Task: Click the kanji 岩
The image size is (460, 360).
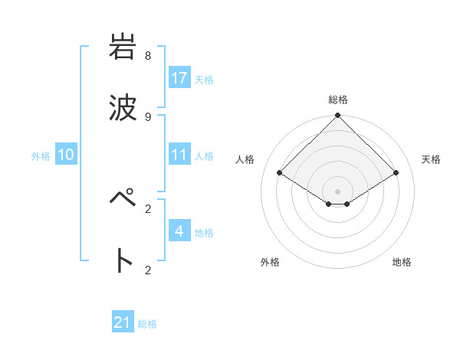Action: pyautogui.click(x=123, y=47)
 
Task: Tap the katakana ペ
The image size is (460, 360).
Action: pyautogui.click(x=123, y=201)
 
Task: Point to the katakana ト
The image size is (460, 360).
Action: pyautogui.click(x=123, y=261)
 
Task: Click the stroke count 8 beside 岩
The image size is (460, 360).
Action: pyautogui.click(x=148, y=56)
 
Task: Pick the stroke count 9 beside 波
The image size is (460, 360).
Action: pyautogui.click(x=148, y=116)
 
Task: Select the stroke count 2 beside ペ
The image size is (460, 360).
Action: pyautogui.click(x=148, y=208)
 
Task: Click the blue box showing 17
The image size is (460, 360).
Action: pyautogui.click(x=179, y=78)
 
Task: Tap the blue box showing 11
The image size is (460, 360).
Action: pyautogui.click(x=179, y=155)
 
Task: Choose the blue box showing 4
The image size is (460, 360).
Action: pyautogui.click(x=179, y=231)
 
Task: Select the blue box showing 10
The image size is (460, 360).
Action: pyautogui.click(x=66, y=155)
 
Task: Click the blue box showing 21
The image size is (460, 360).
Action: pyautogui.click(x=123, y=322)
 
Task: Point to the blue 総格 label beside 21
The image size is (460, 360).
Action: pyautogui.click(x=147, y=324)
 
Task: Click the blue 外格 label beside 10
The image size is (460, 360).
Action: pyautogui.click(x=41, y=156)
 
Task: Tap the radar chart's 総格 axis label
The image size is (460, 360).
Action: pyautogui.click(x=338, y=100)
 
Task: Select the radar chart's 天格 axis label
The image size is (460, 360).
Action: pyautogui.click(x=432, y=159)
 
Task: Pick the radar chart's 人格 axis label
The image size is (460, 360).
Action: pyautogui.click(x=245, y=159)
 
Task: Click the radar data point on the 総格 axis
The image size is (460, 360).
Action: pyautogui.click(x=338, y=116)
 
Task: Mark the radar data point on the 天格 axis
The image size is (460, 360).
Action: pyautogui.click(x=396, y=173)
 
